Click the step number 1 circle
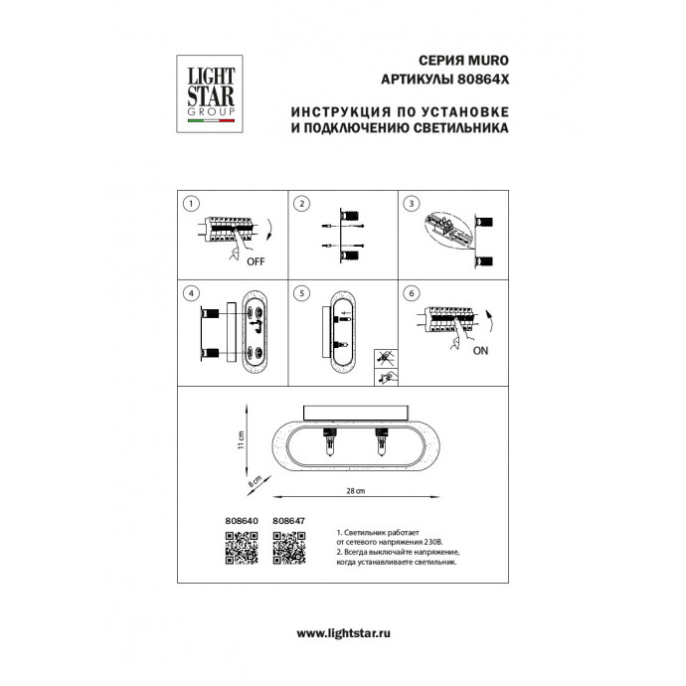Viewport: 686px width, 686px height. click(x=187, y=204)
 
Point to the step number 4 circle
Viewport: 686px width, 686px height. click(x=187, y=295)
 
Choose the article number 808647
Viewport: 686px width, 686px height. click(x=287, y=519)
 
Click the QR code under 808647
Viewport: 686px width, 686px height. click(x=289, y=546)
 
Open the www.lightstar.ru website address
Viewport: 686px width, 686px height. click(x=342, y=632)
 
